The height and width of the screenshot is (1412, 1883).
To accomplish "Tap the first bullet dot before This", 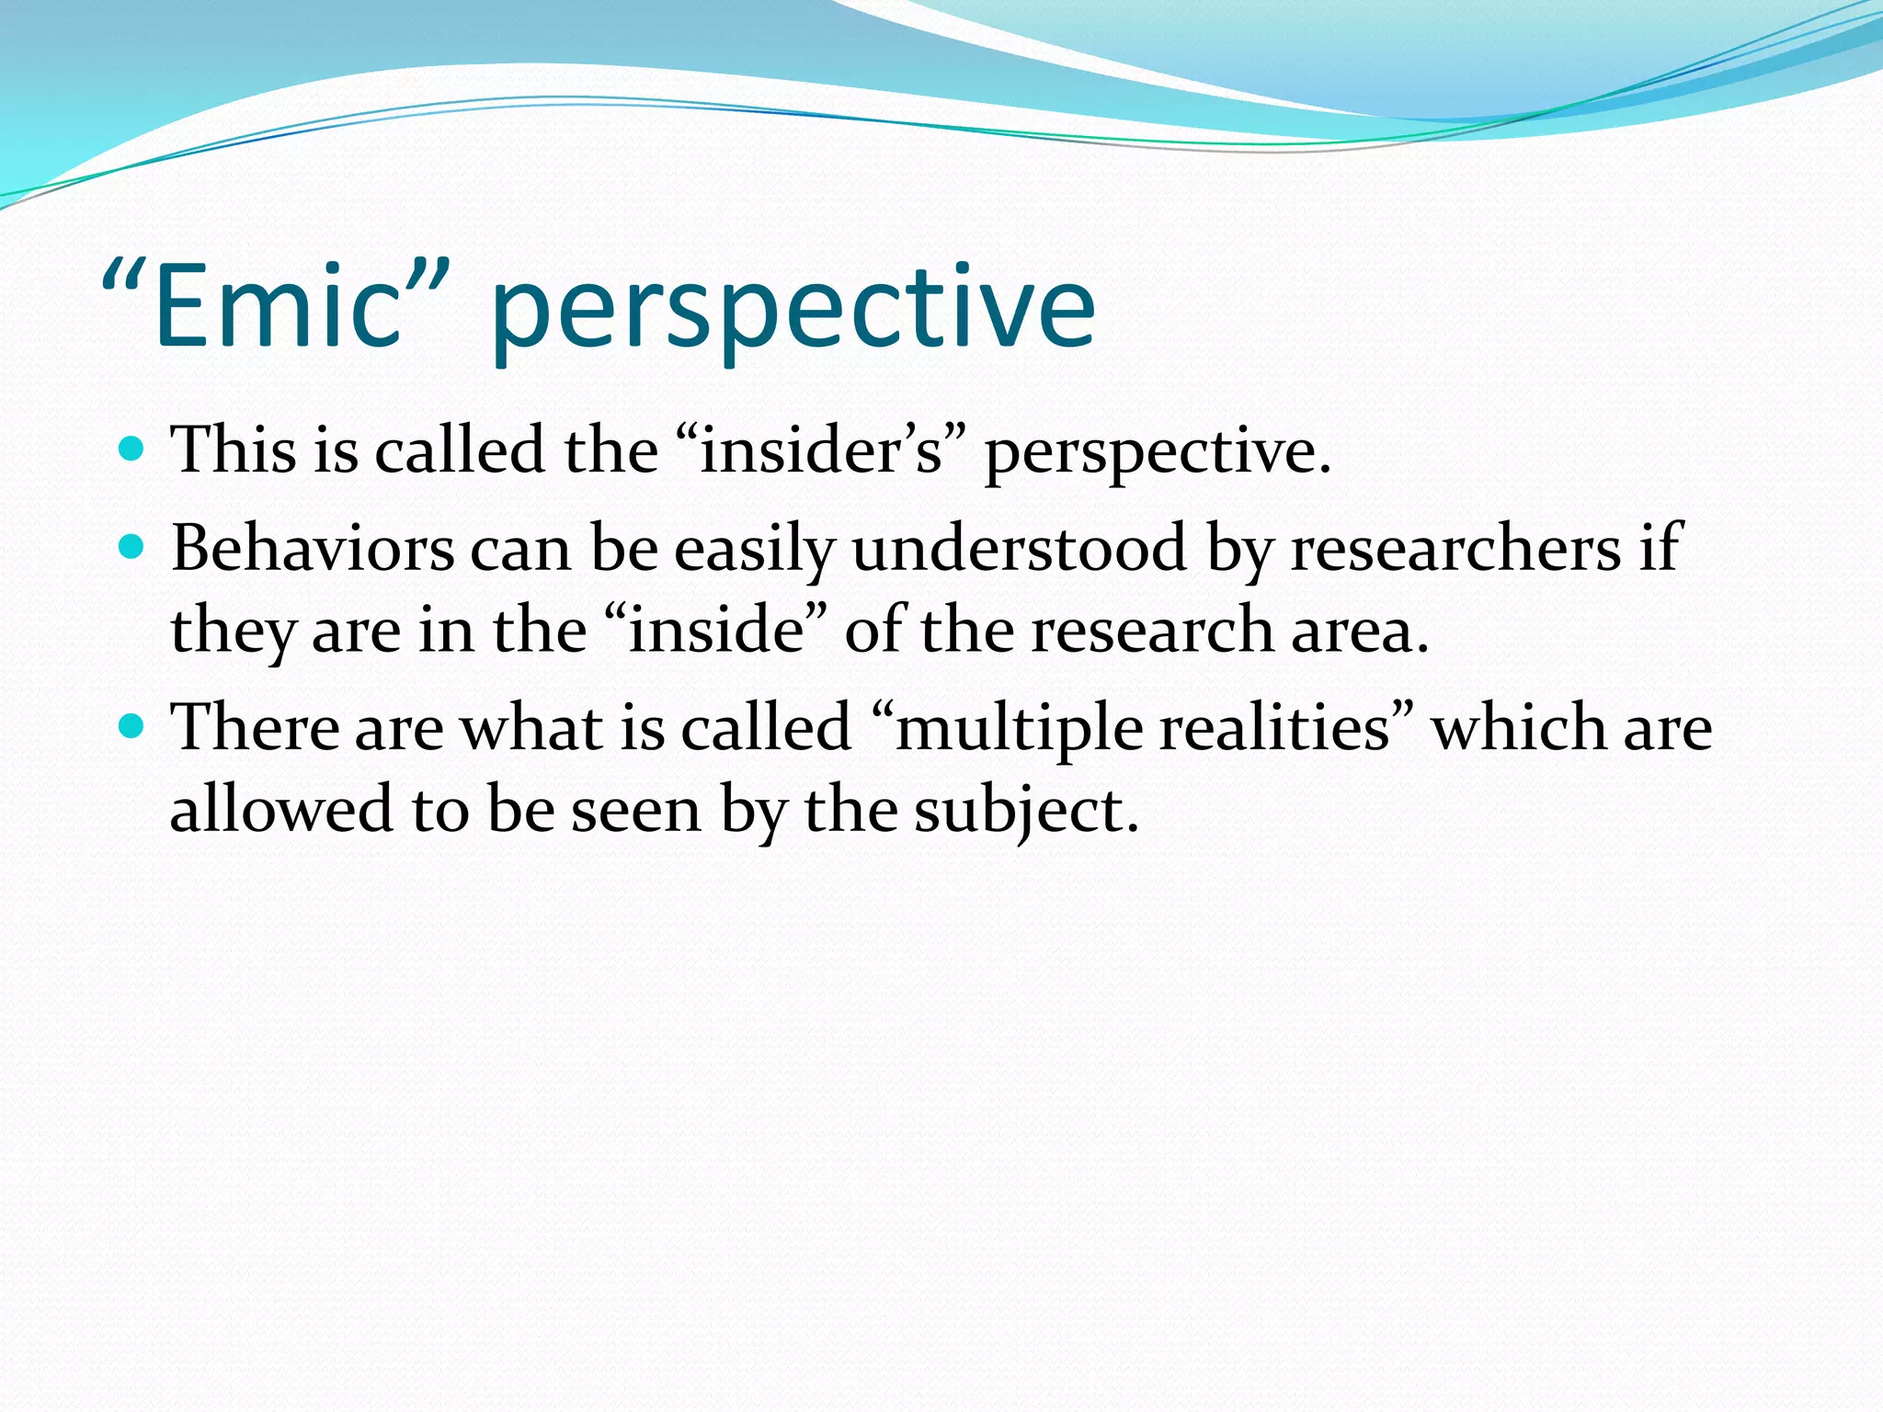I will [132, 450].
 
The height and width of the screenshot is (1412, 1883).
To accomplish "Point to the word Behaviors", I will [313, 549].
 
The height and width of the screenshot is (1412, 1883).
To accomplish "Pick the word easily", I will [754, 550].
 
